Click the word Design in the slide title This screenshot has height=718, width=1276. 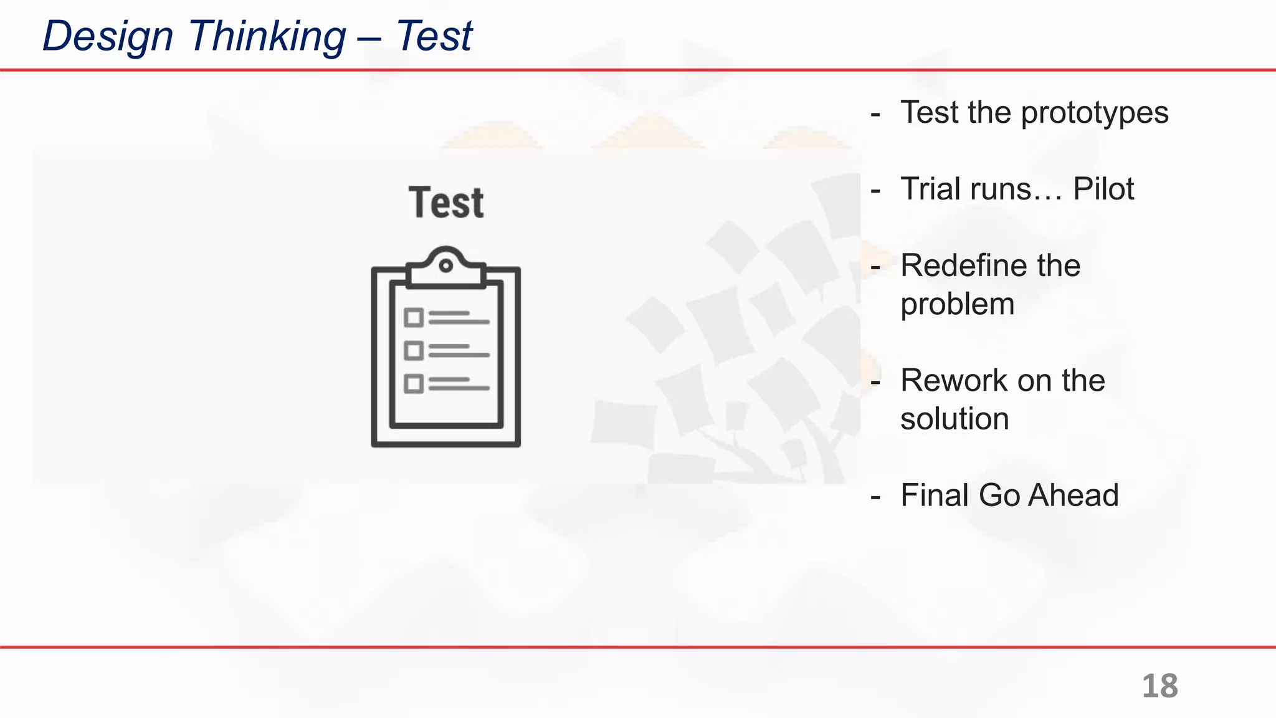[108, 36]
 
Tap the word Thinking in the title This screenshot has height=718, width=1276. [267, 36]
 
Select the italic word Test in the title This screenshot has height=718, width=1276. [434, 36]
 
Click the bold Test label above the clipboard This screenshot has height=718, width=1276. [446, 203]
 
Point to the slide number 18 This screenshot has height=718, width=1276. [1159, 686]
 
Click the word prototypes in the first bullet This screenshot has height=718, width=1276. [1095, 113]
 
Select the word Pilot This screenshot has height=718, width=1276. [1103, 189]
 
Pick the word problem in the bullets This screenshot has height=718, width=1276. [957, 304]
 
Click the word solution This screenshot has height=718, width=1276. [955, 419]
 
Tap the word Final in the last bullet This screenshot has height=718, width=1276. [934, 495]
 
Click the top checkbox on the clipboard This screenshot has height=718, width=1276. [413, 318]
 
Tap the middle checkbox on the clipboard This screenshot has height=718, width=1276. [413, 351]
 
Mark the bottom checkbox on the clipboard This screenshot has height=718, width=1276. [413, 383]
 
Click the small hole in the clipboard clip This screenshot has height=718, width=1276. [446, 266]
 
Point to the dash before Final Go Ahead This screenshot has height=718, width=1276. [876, 497]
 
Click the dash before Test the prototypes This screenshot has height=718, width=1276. [876, 114]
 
